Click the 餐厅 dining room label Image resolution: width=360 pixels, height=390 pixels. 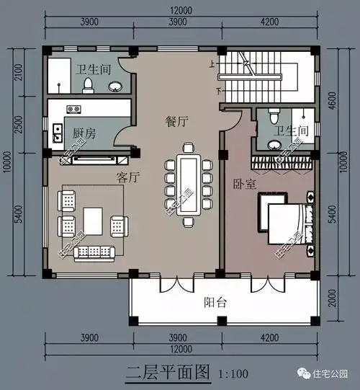click(176, 123)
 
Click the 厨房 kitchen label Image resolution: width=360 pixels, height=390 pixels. click(84, 133)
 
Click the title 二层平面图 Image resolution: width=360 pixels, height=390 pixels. click(167, 373)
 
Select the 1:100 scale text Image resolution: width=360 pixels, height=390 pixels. click(231, 374)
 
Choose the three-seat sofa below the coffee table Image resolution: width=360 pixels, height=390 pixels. click(94, 252)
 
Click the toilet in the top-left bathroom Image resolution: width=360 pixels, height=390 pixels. click(89, 86)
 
